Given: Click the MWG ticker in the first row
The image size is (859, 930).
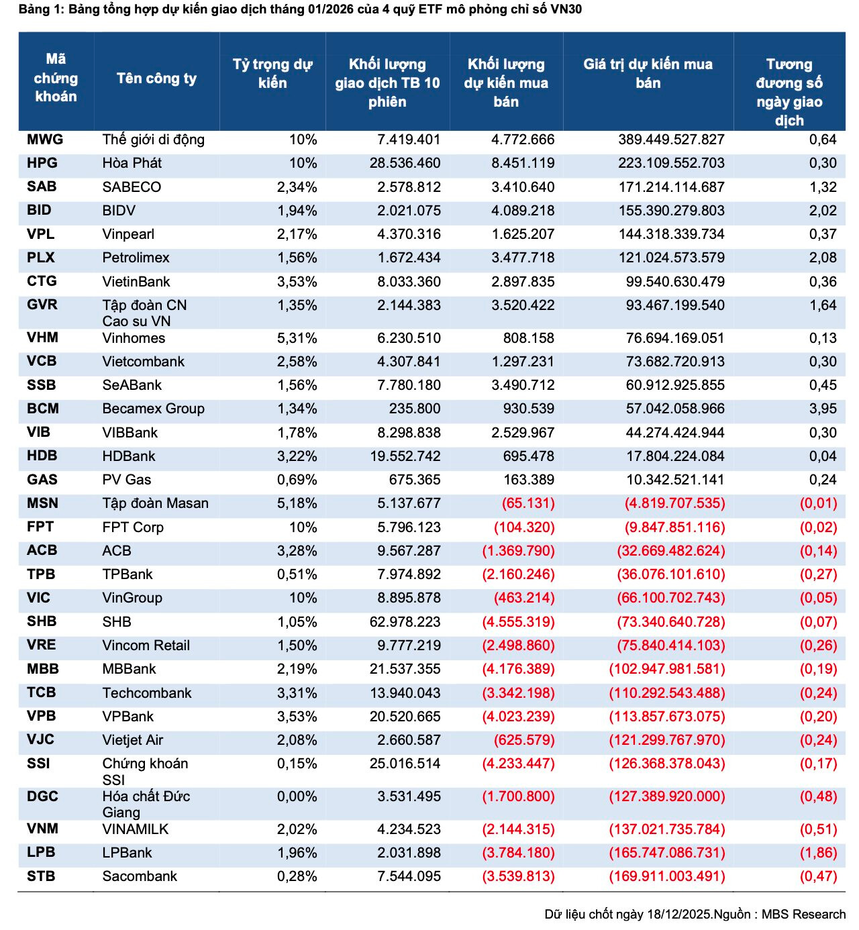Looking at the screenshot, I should (45, 140).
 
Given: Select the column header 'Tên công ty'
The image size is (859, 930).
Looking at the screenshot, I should (156, 79).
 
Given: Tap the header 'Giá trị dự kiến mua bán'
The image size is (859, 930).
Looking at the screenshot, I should (648, 74).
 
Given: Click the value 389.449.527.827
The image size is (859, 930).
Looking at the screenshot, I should (671, 140).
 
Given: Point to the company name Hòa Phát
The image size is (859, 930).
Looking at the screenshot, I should (132, 163).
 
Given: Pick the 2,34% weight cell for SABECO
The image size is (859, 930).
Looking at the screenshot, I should (297, 187).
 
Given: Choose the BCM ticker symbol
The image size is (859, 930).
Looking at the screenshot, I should (43, 409).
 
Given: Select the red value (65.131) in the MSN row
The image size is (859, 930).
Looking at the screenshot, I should (528, 503).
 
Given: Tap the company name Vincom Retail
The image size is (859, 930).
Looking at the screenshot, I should (146, 645).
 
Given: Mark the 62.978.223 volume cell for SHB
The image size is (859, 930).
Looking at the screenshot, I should (405, 622).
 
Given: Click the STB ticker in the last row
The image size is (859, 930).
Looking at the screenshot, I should (41, 876).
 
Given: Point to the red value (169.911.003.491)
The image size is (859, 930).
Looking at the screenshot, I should (667, 876).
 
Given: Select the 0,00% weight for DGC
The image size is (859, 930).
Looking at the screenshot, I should (297, 796).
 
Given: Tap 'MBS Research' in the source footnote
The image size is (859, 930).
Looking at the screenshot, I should (803, 915).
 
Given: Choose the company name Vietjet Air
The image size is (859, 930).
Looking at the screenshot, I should (132, 740).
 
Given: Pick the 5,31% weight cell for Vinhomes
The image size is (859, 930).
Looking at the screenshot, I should (297, 338).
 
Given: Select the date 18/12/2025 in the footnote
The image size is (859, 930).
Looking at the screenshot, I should (678, 915).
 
